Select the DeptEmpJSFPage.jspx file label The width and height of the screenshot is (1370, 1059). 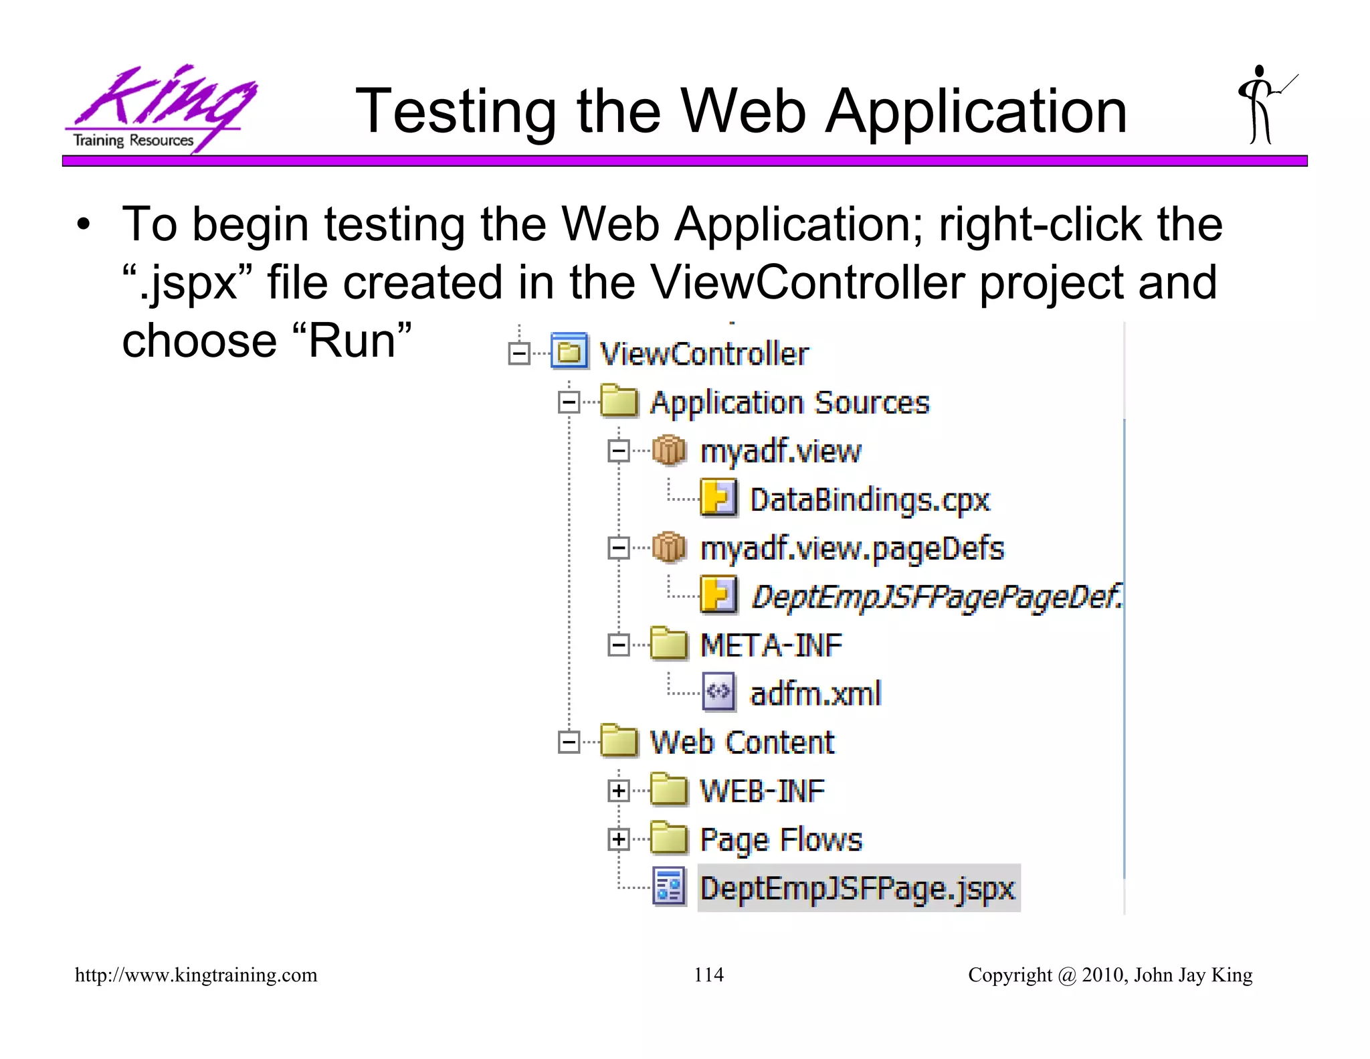click(858, 888)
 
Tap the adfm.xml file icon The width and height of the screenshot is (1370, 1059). click(718, 691)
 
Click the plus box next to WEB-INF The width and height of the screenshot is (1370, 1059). click(619, 791)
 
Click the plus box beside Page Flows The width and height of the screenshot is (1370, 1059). click(619, 839)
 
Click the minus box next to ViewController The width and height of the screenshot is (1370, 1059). click(519, 353)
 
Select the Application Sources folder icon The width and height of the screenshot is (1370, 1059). click(618, 402)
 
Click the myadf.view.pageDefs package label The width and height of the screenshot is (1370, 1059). click(852, 548)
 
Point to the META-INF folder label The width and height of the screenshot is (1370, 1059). click(771, 645)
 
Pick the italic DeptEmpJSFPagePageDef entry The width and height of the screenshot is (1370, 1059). click(937, 596)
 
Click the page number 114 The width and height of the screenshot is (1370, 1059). click(708, 975)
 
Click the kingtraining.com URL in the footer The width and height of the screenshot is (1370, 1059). click(196, 975)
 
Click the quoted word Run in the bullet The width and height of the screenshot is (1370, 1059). click(352, 341)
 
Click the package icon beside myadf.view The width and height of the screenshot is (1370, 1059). click(668, 451)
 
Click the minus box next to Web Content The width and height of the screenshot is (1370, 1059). click(569, 742)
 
